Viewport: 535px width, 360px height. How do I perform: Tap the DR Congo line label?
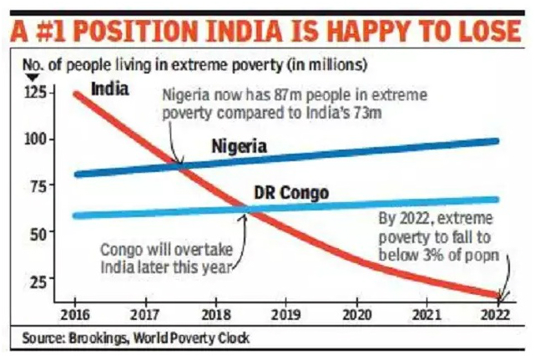pyautogui.click(x=290, y=194)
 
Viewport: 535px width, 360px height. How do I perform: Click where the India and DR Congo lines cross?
pyautogui.click(x=246, y=211)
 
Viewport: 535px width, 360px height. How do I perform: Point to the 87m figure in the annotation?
pyautogui.click(x=260, y=94)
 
